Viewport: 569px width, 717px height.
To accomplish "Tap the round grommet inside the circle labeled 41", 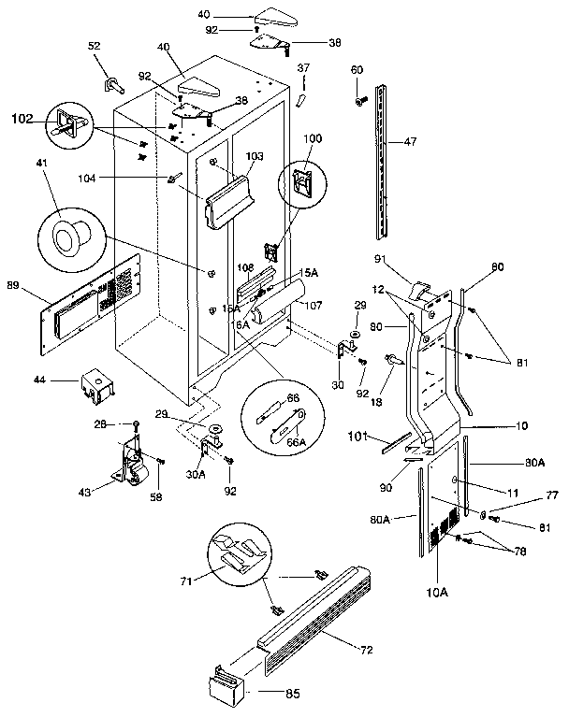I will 66,238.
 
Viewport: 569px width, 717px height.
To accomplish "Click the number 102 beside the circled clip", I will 21,119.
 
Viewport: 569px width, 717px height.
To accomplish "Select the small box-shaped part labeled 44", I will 95,384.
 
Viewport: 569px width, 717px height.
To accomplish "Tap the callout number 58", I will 156,496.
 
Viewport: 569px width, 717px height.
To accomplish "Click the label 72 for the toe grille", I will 359,646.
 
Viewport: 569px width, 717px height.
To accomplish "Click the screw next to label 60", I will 357,96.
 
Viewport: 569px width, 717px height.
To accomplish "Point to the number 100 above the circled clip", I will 312,138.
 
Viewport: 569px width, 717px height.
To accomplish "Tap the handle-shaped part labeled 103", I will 230,199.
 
